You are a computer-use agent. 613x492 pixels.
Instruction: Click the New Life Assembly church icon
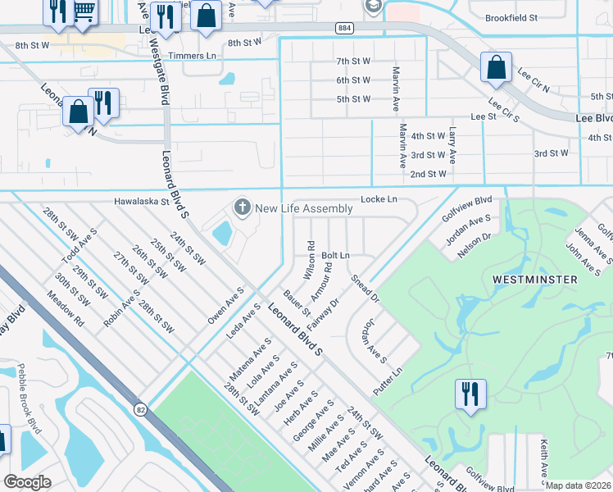[242, 207]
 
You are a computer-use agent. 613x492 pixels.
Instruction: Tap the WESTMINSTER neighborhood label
[534, 280]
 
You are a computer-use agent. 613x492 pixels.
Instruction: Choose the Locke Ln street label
[379, 199]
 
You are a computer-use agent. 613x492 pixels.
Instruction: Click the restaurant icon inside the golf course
[470, 394]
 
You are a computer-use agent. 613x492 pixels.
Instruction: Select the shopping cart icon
[83, 11]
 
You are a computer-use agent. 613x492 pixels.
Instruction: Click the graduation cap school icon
[373, 6]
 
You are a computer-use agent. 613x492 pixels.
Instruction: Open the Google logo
[28, 482]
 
